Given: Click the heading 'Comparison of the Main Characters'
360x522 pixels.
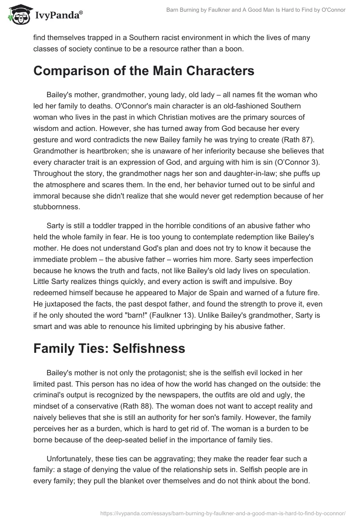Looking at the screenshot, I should tap(144, 71).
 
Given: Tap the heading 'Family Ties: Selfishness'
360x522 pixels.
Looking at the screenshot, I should tap(109, 348).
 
